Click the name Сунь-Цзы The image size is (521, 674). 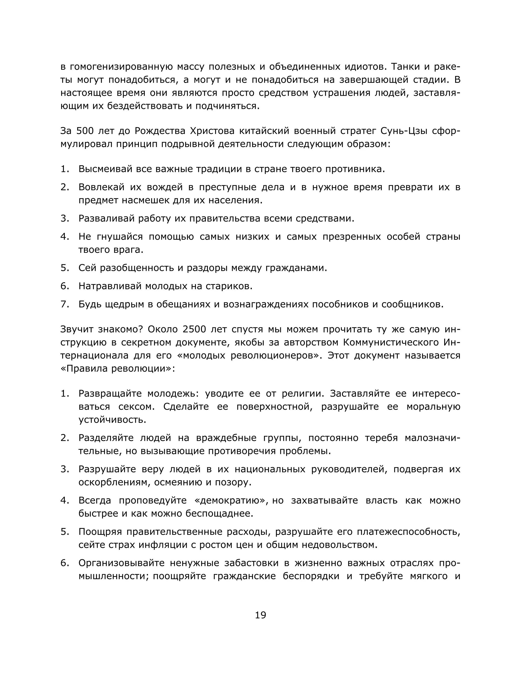coord(404,131)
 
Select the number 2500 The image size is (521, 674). coord(194,329)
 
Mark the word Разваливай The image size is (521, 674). coord(106,218)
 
